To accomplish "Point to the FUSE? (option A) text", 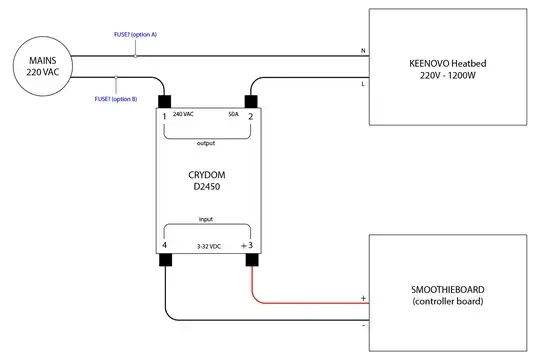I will point(136,35).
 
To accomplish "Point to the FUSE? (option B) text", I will point(116,99).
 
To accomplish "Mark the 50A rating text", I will point(234,115).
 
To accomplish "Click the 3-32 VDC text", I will point(207,245).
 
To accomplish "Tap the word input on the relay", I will point(206,217).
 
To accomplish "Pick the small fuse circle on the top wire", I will point(136,55).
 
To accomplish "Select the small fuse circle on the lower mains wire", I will point(117,81).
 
